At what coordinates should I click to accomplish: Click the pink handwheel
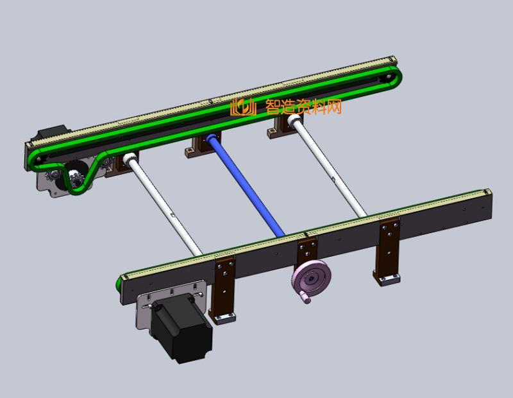tap(312, 279)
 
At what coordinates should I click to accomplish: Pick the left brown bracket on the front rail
tap(224, 286)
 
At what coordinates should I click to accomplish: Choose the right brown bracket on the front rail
tap(388, 247)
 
